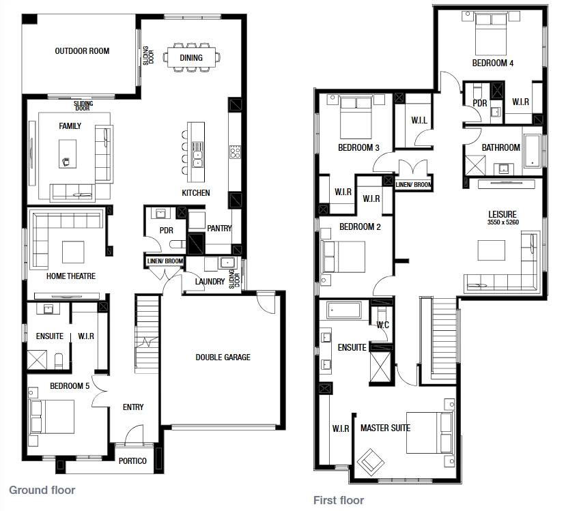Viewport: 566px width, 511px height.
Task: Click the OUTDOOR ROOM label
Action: click(82, 51)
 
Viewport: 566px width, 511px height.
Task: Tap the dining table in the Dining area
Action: click(191, 57)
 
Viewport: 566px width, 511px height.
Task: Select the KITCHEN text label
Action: click(196, 193)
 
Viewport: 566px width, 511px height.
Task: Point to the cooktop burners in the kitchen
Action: click(235, 151)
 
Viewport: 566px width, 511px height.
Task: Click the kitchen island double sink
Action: click(198, 160)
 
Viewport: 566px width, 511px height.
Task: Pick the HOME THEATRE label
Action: click(71, 276)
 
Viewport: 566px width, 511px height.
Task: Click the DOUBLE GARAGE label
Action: click(223, 357)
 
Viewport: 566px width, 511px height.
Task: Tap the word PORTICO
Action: click(132, 461)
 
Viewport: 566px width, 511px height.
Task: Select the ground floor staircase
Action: click(147, 334)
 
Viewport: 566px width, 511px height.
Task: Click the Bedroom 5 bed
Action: click(52, 417)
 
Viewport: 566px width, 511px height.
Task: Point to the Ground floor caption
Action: click(42, 490)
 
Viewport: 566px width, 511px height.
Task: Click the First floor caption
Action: click(339, 500)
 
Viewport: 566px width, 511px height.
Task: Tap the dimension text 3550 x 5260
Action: click(503, 222)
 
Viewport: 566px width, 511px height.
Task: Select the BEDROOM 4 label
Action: click(493, 63)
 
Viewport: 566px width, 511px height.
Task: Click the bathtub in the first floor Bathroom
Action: click(532, 151)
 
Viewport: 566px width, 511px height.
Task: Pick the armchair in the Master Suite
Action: click(370, 462)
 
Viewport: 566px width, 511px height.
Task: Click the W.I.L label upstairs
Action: click(419, 120)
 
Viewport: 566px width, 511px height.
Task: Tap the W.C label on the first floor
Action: click(383, 325)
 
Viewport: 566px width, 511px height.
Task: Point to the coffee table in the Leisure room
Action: click(492, 250)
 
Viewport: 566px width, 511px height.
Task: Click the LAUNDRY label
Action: click(210, 282)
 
